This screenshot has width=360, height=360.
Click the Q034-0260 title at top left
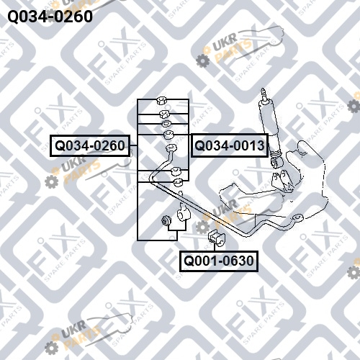tap(50, 17)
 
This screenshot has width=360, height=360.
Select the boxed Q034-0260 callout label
tap(90, 145)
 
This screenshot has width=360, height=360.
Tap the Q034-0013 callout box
tap(230, 145)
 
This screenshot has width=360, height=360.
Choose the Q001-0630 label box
tap(219, 261)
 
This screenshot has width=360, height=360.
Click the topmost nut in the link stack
tap(161, 101)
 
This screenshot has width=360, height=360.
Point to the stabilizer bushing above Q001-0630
tap(217, 238)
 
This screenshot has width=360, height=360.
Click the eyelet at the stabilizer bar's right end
tap(297, 217)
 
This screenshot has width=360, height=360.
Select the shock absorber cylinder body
tap(269, 127)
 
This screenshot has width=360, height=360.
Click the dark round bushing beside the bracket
tap(166, 220)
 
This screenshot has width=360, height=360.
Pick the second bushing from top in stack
tap(164, 114)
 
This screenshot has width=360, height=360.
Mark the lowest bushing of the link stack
tap(178, 183)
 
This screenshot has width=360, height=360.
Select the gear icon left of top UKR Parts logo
tap(203, 60)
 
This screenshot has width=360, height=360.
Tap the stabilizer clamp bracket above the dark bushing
tap(183, 214)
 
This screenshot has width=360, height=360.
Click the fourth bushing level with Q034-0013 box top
tap(168, 135)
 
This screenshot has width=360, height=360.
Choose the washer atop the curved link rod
tap(171, 148)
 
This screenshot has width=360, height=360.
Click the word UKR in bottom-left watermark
tap(73, 327)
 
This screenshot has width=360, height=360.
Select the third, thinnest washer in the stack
tap(166, 124)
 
